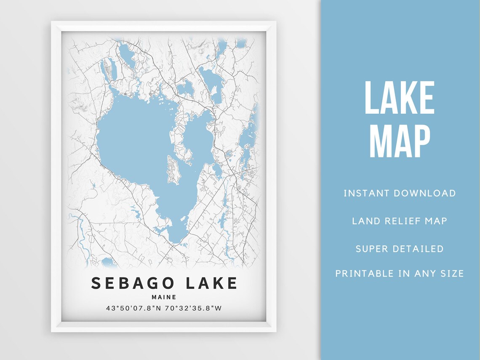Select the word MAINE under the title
164,297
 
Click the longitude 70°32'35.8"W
195,308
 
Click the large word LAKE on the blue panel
399,99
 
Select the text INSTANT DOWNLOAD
400,193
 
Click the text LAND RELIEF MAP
400,221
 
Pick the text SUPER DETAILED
400,248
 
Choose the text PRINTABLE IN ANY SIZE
400,274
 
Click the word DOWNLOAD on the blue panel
424,193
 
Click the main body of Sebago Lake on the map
135,139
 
